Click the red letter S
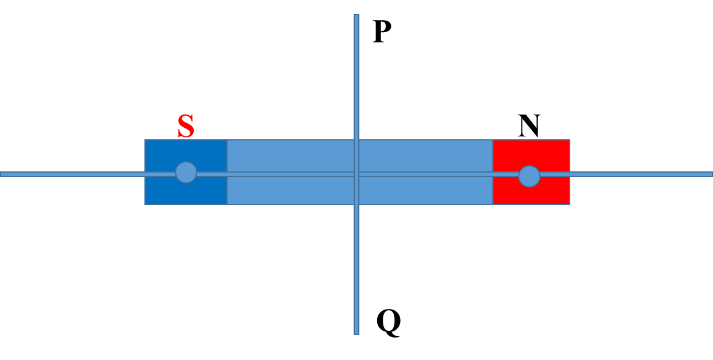pos(186,126)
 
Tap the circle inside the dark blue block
pos(186,172)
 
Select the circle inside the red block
pos(529,176)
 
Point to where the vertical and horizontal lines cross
pos(356,174)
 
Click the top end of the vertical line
pos(356,15)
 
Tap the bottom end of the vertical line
pos(356,332)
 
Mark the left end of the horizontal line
pos(2,174)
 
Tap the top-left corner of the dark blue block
pos(146,140)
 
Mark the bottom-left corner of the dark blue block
pos(146,204)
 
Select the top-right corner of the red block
pos(569,140)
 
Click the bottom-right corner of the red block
pos(569,204)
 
